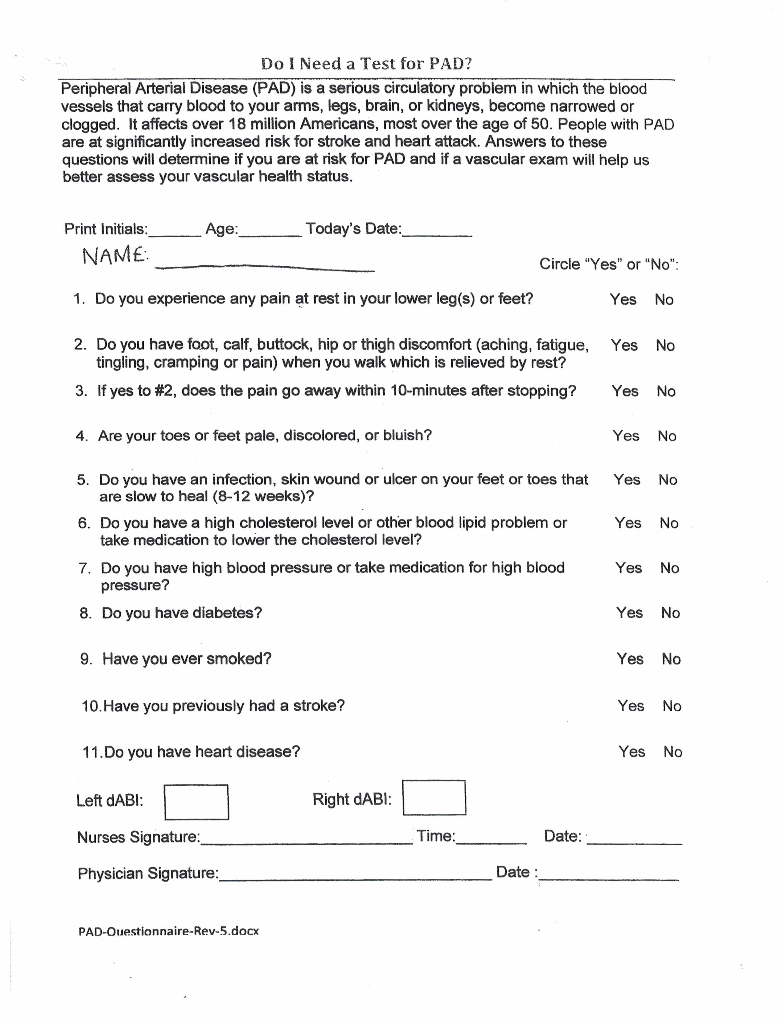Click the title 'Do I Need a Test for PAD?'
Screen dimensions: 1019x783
tap(366, 64)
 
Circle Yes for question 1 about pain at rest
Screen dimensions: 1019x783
tap(623, 299)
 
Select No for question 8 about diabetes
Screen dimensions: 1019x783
tap(670, 613)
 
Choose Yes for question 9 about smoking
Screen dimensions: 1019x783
tap(630, 659)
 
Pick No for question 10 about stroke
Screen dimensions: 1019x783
tap(672, 706)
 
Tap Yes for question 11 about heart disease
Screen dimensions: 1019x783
tap(631, 752)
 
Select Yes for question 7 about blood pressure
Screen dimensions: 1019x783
tap(628, 568)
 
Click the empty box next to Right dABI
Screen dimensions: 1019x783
tap(434, 798)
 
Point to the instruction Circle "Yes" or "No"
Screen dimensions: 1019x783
tap(609, 264)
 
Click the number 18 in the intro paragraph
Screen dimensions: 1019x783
tap(237, 124)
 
